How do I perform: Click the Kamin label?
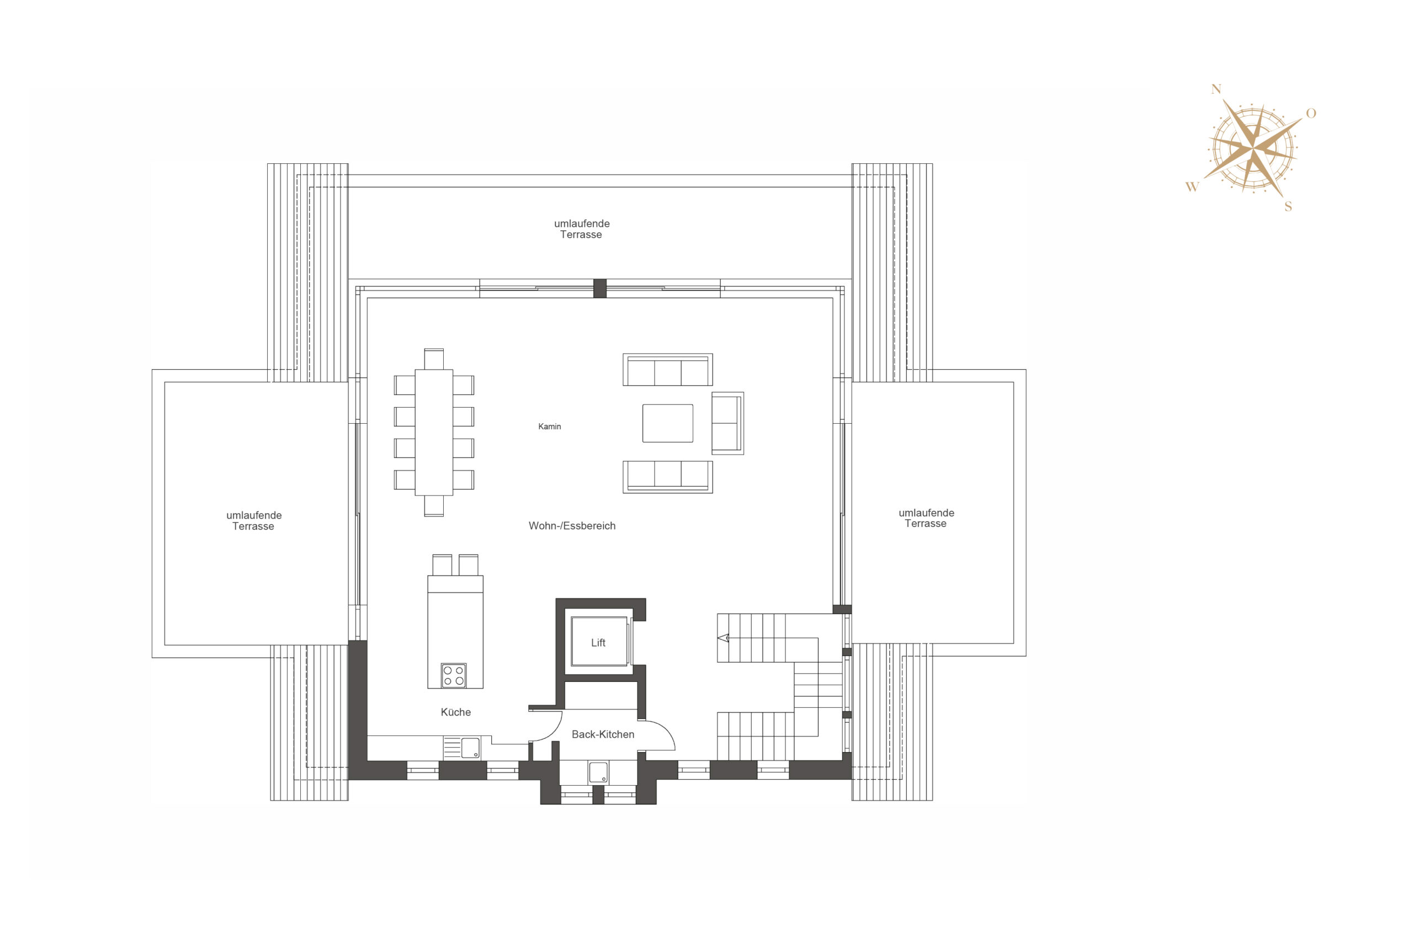549,426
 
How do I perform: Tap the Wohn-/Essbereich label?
572,526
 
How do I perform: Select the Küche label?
455,712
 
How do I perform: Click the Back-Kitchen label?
603,734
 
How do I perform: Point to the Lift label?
598,643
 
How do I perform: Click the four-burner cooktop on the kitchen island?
453,676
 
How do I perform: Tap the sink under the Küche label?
462,748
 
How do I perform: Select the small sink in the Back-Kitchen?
598,772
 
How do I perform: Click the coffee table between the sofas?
667,423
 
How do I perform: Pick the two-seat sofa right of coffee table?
727,423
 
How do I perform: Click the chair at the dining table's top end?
433,359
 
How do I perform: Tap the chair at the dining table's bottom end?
433,506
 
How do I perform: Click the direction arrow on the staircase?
723,638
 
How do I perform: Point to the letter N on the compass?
1216,89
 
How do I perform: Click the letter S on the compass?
1288,206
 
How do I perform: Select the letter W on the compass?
1192,187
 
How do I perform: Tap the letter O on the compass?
1311,113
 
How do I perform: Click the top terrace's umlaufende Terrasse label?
581,229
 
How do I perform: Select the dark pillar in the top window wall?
599,289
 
